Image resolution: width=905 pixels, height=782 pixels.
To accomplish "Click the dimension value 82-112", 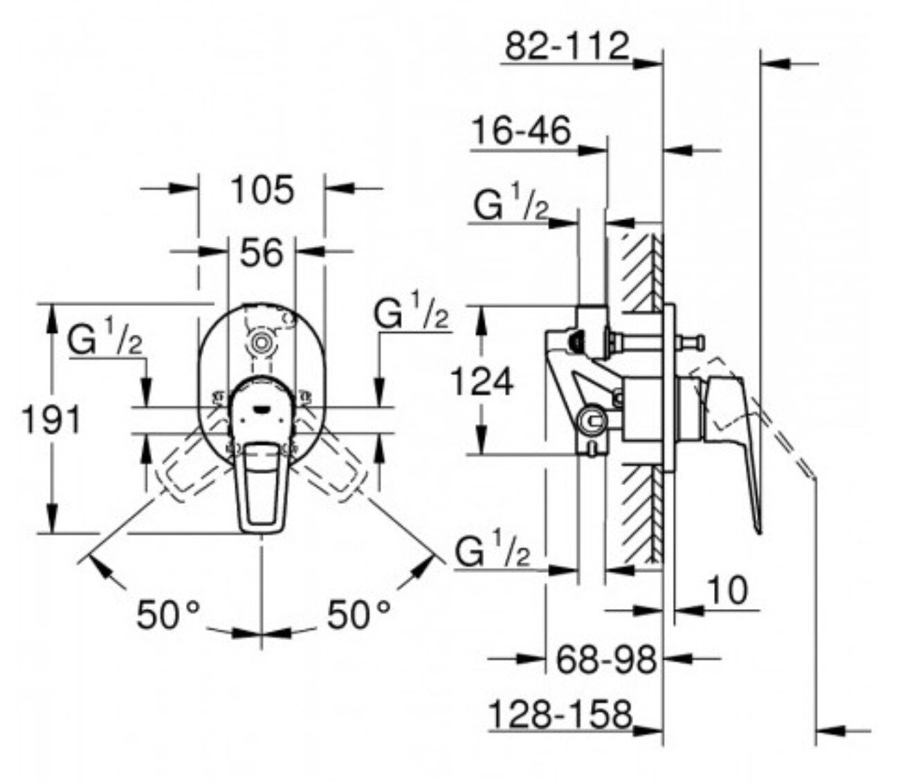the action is coord(567,46).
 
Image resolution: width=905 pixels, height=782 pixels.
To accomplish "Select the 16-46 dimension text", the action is coord(521,130).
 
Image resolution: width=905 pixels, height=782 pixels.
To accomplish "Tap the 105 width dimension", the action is coord(262,190).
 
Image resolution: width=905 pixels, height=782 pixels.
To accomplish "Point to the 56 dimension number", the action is coord(262,253).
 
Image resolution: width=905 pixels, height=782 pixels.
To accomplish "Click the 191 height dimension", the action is coord(52,419).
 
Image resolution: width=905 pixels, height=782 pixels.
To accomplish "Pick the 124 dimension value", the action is coord(482,381).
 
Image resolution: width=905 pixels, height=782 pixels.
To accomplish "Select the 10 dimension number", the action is coord(727,591).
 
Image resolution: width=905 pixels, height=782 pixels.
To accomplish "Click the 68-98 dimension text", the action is coord(607,660).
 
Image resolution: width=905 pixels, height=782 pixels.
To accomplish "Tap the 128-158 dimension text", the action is coord(561,715).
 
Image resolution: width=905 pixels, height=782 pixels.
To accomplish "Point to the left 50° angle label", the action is coord(169,615).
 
